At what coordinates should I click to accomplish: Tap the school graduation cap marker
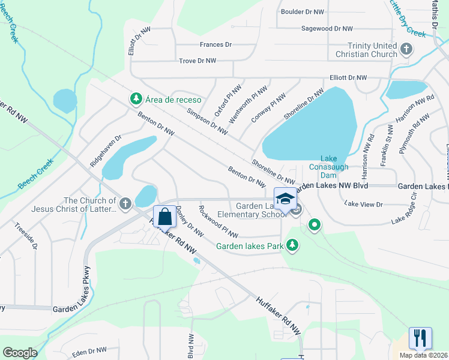(285, 199)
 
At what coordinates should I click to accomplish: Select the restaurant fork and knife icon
(420, 338)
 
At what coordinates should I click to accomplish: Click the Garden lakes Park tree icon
(292, 244)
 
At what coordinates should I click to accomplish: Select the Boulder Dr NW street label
(303, 11)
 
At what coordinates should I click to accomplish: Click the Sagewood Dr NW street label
(327, 28)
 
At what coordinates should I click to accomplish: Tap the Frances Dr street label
(215, 45)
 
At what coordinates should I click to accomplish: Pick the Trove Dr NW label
(197, 61)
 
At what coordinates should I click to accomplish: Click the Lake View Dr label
(363, 205)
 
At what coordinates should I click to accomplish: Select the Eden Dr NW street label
(89, 350)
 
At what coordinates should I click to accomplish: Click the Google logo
(20, 353)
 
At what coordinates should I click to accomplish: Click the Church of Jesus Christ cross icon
(125, 204)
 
